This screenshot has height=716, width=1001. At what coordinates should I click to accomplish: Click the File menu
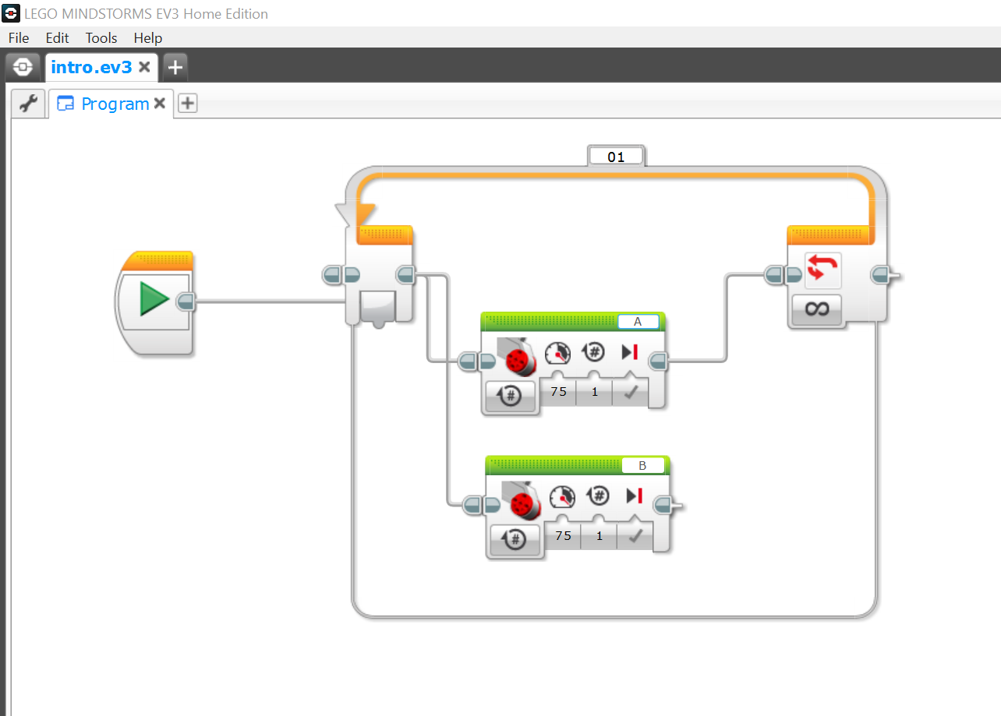click(19, 38)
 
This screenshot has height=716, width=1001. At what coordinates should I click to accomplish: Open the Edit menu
click(57, 38)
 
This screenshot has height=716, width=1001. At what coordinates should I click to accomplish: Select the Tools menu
click(101, 38)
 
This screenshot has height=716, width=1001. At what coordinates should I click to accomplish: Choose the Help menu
click(148, 38)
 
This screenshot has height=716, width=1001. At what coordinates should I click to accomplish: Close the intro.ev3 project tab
click(144, 67)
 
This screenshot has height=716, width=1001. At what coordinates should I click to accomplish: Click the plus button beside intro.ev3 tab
click(175, 68)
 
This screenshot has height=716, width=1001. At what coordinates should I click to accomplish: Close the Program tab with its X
click(160, 104)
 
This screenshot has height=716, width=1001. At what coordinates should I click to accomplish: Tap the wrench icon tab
click(28, 104)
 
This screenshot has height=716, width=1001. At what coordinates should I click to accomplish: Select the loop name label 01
click(616, 157)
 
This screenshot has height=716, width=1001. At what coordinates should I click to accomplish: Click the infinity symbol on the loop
click(817, 309)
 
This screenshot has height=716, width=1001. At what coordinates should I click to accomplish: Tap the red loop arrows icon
click(822, 267)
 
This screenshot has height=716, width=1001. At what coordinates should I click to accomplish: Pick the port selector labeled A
click(638, 322)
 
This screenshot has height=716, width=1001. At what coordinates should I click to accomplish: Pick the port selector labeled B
click(642, 465)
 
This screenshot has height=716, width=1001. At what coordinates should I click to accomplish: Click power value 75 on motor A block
click(559, 392)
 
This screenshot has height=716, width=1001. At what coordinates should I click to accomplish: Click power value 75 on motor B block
click(563, 535)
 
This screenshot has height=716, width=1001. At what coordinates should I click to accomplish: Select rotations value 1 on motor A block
click(594, 392)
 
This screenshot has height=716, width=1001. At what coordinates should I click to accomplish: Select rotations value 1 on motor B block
click(600, 535)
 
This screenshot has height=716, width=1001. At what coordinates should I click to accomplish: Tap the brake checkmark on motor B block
click(635, 535)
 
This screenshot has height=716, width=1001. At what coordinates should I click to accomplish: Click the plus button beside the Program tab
click(188, 103)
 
